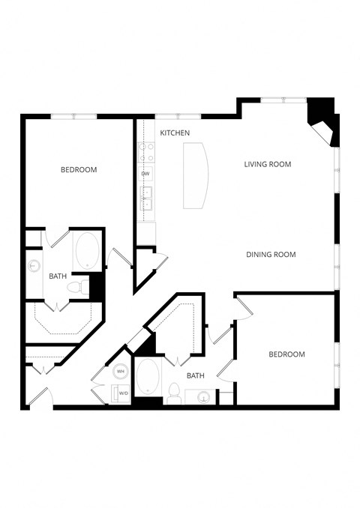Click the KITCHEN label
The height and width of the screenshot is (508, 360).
coord(175,133)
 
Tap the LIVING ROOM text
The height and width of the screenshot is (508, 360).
coord(267,164)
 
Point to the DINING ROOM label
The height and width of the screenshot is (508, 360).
coord(271,255)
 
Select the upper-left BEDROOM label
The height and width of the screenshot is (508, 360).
coord(79,170)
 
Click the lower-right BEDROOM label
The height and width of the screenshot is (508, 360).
coord(286,354)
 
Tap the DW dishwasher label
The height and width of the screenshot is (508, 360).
coord(145,174)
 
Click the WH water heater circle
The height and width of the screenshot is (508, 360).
coord(121,372)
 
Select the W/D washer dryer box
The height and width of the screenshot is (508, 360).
coord(121,393)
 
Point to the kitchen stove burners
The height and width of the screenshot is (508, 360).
coord(145,153)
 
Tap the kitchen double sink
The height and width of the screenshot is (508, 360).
coord(146,196)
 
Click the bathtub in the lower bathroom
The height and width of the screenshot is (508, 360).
coord(148,378)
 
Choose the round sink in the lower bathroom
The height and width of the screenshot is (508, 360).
coord(202,398)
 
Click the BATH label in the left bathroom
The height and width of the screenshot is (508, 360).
coord(58,276)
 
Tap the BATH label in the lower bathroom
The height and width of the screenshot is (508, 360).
coord(196,376)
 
